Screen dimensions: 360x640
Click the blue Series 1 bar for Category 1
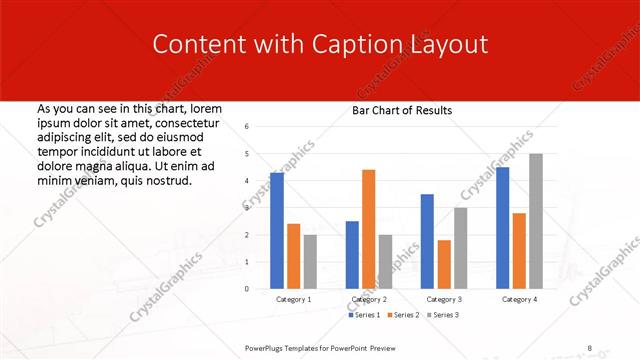pos(277,230)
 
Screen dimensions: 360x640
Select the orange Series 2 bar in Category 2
pos(369,229)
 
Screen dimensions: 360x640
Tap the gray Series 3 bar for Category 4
pos(536,221)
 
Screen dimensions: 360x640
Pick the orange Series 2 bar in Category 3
pos(444,264)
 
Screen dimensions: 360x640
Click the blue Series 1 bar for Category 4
pos(502,227)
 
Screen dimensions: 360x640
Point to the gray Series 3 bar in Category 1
pos(310,261)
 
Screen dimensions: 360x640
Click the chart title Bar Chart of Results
pos(402,110)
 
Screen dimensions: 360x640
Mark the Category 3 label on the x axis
pos(443,299)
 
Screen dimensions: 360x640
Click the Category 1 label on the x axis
pos(293,299)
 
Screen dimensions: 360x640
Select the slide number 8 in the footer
pos(589,347)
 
